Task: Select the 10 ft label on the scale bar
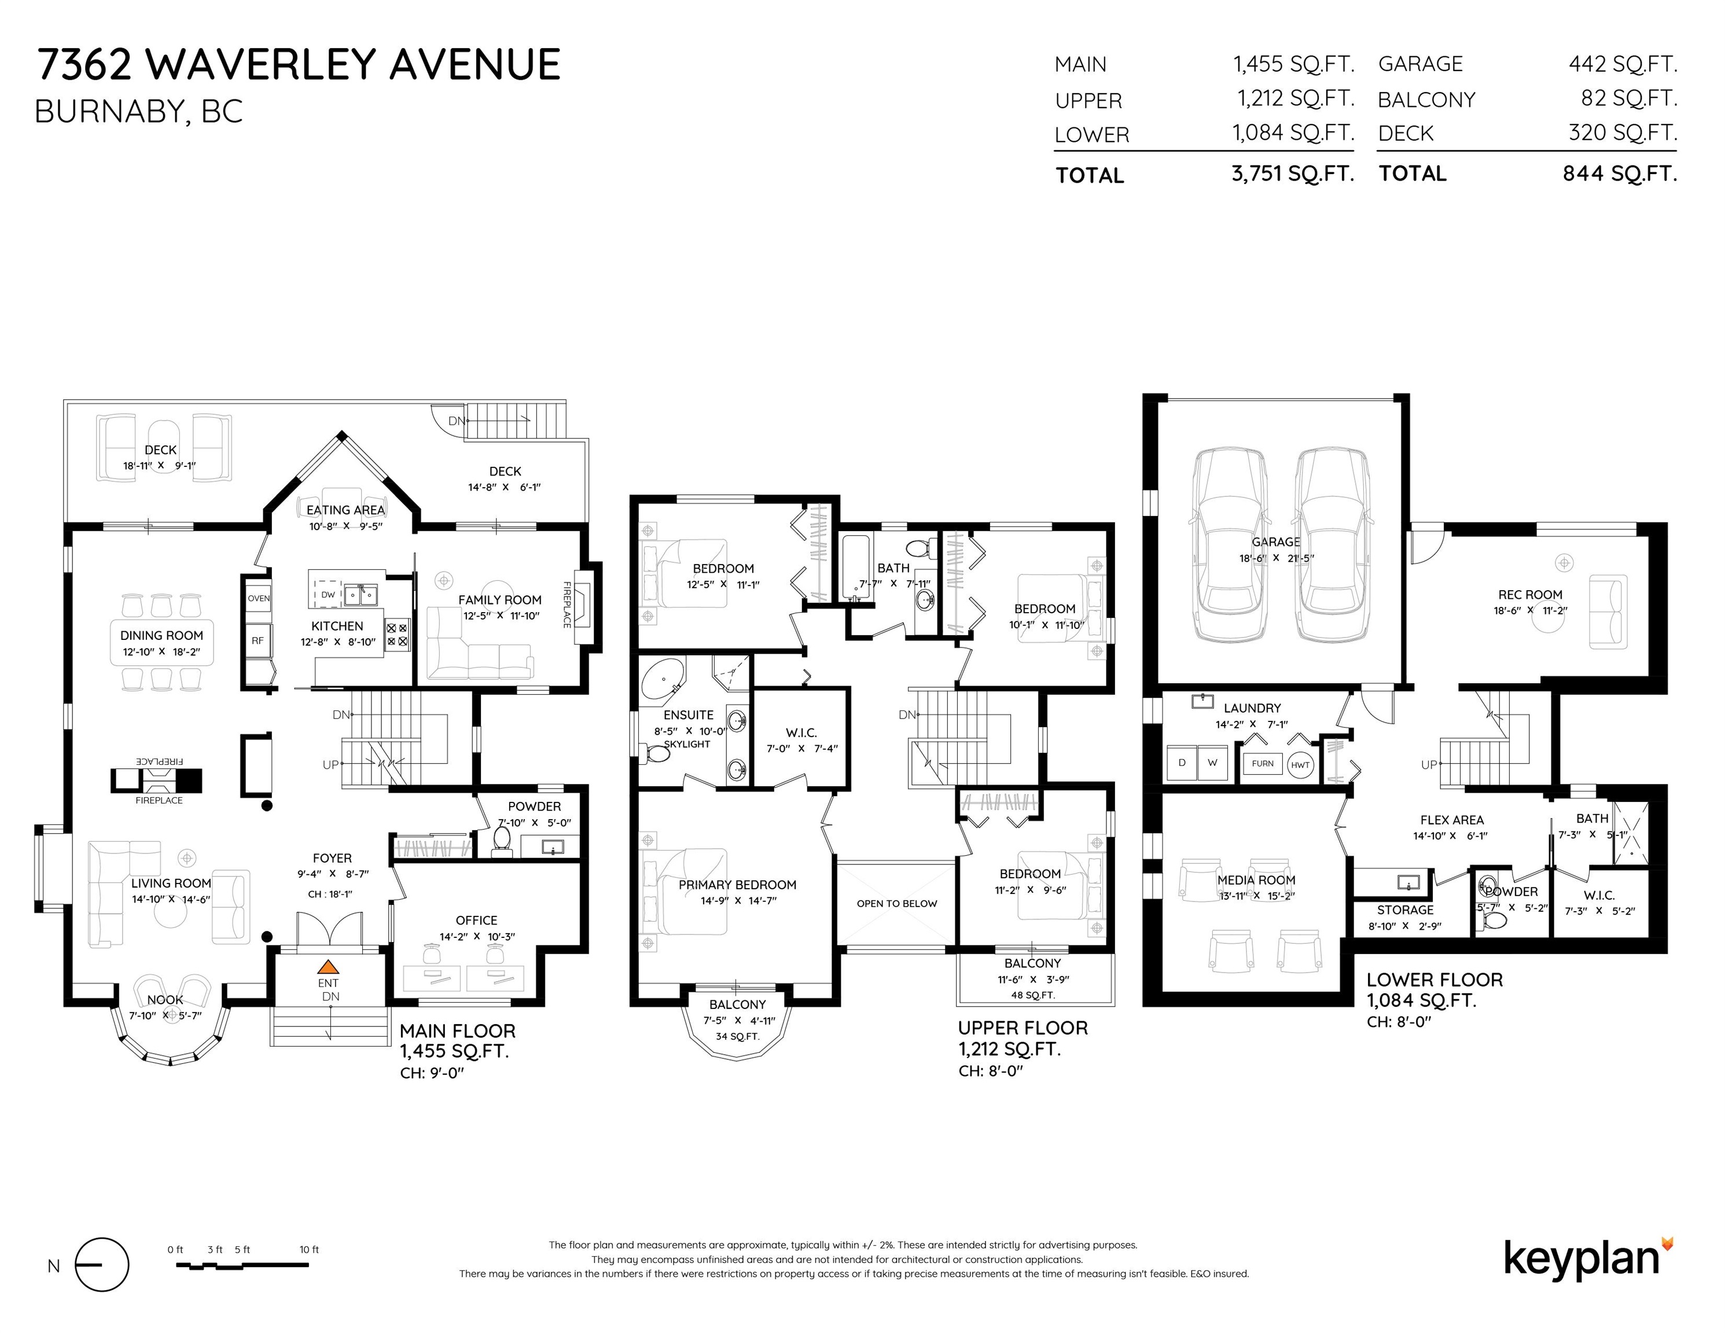(310, 1249)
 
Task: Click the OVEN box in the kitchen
(258, 598)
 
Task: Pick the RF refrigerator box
(258, 640)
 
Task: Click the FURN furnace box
(1262, 764)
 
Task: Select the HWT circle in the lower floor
(1300, 764)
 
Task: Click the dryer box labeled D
(1182, 763)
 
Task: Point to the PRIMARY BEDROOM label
(737, 885)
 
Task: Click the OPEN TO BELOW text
(896, 903)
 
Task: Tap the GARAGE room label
(1275, 542)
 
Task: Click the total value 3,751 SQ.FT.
(1293, 173)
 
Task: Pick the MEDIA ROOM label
(1256, 880)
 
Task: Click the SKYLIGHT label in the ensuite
(687, 744)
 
